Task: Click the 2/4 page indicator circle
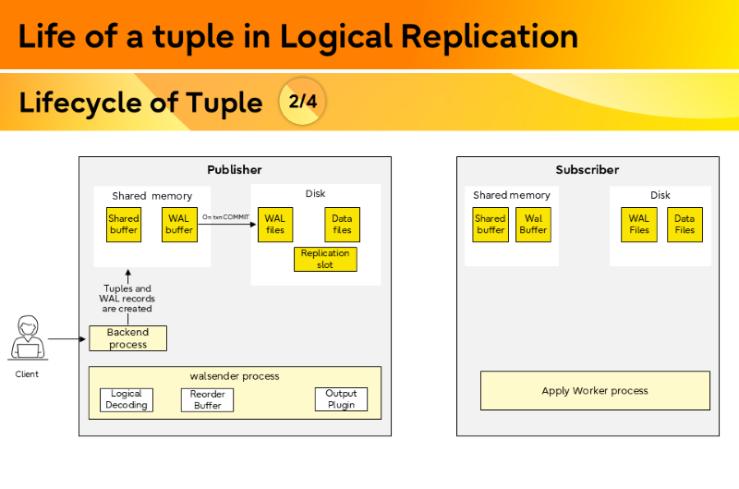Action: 302,101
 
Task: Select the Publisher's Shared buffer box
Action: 124,225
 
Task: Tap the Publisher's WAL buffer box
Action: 178,225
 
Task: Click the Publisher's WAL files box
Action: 275,225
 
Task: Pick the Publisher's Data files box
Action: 342,225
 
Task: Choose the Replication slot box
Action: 325,259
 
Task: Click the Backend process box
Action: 127,338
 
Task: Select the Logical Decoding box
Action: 127,399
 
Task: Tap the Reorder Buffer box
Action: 208,399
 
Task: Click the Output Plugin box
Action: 341,399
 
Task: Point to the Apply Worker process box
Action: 595,390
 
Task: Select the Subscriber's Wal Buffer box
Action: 533,225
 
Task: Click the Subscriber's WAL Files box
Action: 639,225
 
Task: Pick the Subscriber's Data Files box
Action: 684,225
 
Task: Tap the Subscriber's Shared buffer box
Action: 491,225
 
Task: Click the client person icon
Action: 27,339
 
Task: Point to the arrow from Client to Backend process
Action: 68,339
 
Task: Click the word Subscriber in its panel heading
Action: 588,170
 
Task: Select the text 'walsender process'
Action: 235,376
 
